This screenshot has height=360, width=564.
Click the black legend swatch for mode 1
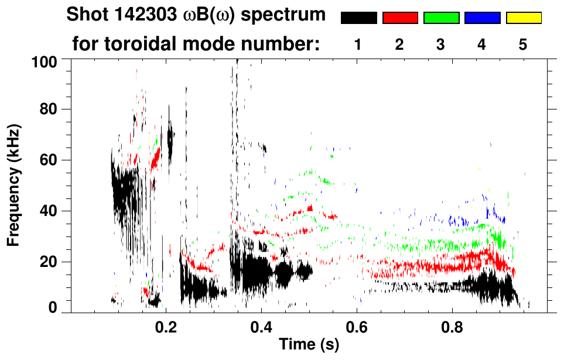coord(358,18)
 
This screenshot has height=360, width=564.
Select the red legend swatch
coord(400,18)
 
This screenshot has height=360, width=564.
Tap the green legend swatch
coord(441,18)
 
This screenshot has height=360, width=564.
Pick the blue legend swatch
coord(482,18)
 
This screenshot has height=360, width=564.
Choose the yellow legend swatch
coord(524,18)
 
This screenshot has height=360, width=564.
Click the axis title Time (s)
coord(309,345)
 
